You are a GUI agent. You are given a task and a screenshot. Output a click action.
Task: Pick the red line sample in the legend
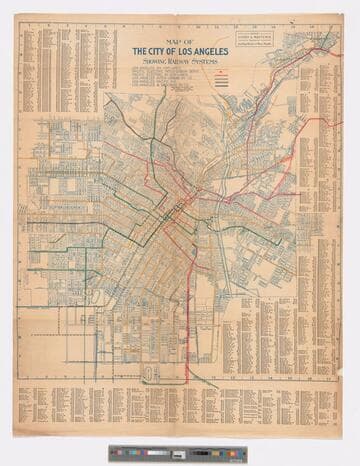219,75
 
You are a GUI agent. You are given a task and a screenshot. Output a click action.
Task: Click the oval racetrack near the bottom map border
150,373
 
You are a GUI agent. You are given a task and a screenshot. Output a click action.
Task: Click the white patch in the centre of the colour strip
179,454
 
